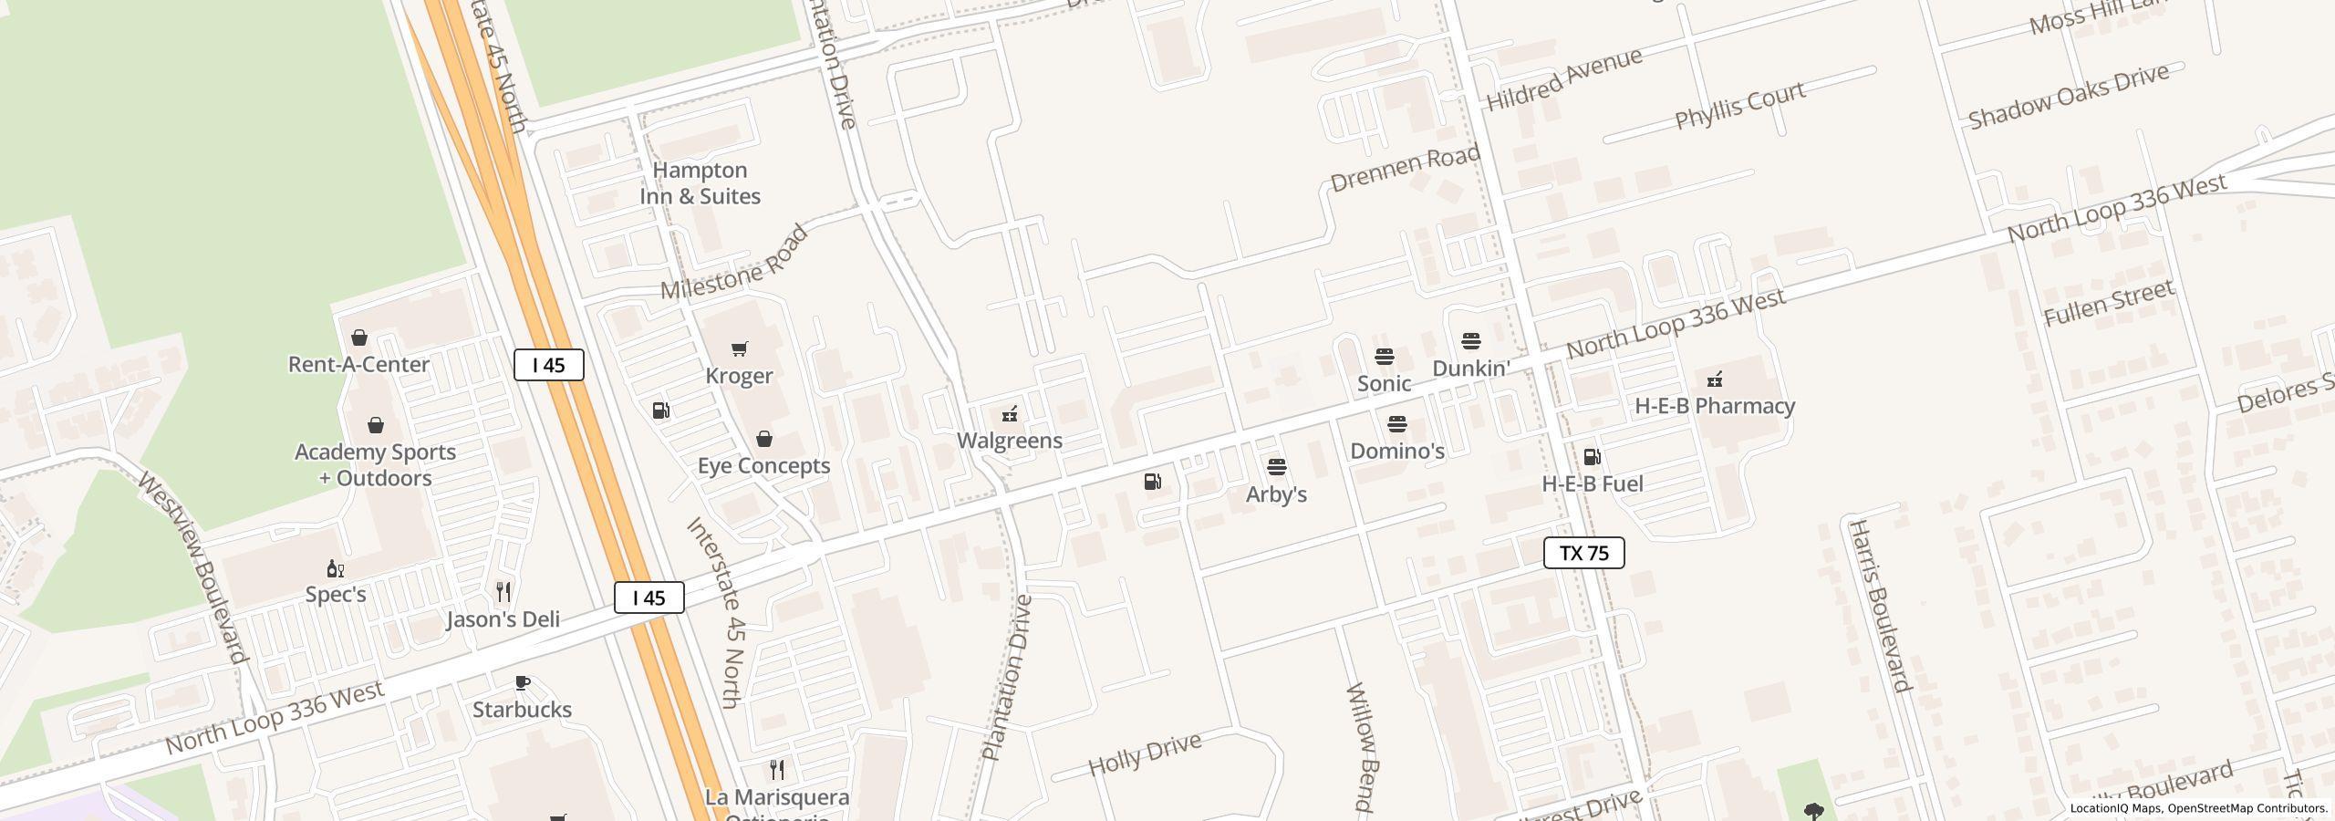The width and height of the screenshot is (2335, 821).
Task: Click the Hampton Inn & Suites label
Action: [700, 183]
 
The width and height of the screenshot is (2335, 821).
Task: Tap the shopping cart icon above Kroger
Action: [740, 348]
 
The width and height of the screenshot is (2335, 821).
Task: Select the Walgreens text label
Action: [1009, 441]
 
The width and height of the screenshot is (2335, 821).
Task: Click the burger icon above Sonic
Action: [1384, 357]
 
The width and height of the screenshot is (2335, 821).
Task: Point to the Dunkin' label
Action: [1470, 369]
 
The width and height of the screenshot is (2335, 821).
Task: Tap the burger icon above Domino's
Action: [1396, 424]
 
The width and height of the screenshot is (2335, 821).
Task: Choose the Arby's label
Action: [1276, 494]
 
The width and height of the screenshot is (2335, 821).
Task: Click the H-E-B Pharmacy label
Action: [1714, 406]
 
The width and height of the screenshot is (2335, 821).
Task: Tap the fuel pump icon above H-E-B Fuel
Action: [1592, 457]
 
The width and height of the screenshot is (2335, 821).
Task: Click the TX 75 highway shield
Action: [1583, 553]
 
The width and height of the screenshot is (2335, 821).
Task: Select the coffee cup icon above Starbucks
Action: [523, 682]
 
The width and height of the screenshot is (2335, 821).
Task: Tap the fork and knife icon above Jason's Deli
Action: [503, 592]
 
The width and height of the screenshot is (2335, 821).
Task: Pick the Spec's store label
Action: [336, 595]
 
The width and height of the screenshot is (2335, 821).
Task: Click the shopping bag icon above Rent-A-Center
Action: [359, 338]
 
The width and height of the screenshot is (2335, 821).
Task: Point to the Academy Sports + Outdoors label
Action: [375, 465]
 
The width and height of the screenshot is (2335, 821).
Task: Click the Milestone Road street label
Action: [734, 263]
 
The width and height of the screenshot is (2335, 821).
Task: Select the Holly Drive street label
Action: [1145, 753]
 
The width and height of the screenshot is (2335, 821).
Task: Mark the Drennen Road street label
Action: [1405, 168]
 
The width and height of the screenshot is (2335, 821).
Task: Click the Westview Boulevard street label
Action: [192, 567]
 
